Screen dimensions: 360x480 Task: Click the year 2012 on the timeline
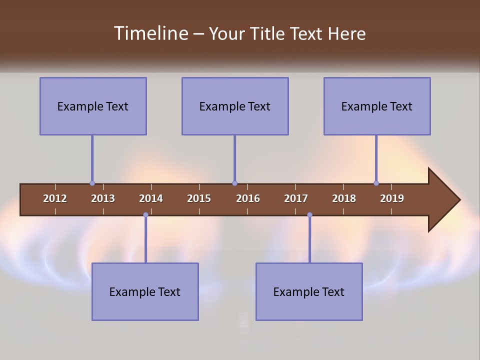pos(55,198)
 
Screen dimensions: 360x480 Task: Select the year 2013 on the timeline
pos(103,198)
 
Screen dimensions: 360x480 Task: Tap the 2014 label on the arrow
pos(151,198)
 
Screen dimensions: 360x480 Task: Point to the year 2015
pos(199,198)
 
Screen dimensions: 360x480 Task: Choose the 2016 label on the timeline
pos(248,198)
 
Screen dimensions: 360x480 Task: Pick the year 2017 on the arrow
pos(296,198)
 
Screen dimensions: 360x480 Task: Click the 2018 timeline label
pos(344,198)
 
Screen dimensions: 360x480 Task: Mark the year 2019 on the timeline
pos(392,198)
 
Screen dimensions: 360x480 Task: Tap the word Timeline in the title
pos(150,33)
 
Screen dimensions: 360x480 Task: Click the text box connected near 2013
pos(93,106)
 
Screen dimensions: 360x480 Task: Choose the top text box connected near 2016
pos(235,106)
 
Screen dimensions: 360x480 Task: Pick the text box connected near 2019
pos(377,106)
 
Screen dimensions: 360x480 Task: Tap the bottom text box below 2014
pos(145,291)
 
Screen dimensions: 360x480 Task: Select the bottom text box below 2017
pos(309,291)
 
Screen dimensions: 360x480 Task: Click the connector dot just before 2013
pos(92,183)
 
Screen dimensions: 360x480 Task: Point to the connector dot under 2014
pos(145,215)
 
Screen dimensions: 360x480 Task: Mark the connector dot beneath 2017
pos(309,215)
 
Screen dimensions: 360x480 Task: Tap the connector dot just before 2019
pos(376,183)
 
